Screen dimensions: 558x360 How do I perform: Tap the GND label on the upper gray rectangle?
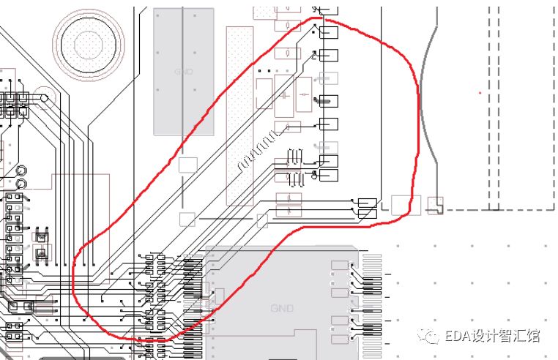point(183,72)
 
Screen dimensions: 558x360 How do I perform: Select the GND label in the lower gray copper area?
point(281,309)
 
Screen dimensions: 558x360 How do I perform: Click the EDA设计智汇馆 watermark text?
point(492,336)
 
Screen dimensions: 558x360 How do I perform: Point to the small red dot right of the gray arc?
point(480,93)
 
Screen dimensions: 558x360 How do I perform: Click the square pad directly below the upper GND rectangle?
point(188,165)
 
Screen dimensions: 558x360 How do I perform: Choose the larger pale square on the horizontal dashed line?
point(401,205)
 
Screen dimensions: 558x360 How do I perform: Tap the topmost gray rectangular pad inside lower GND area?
point(339,264)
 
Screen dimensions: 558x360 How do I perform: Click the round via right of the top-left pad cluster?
point(43,97)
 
